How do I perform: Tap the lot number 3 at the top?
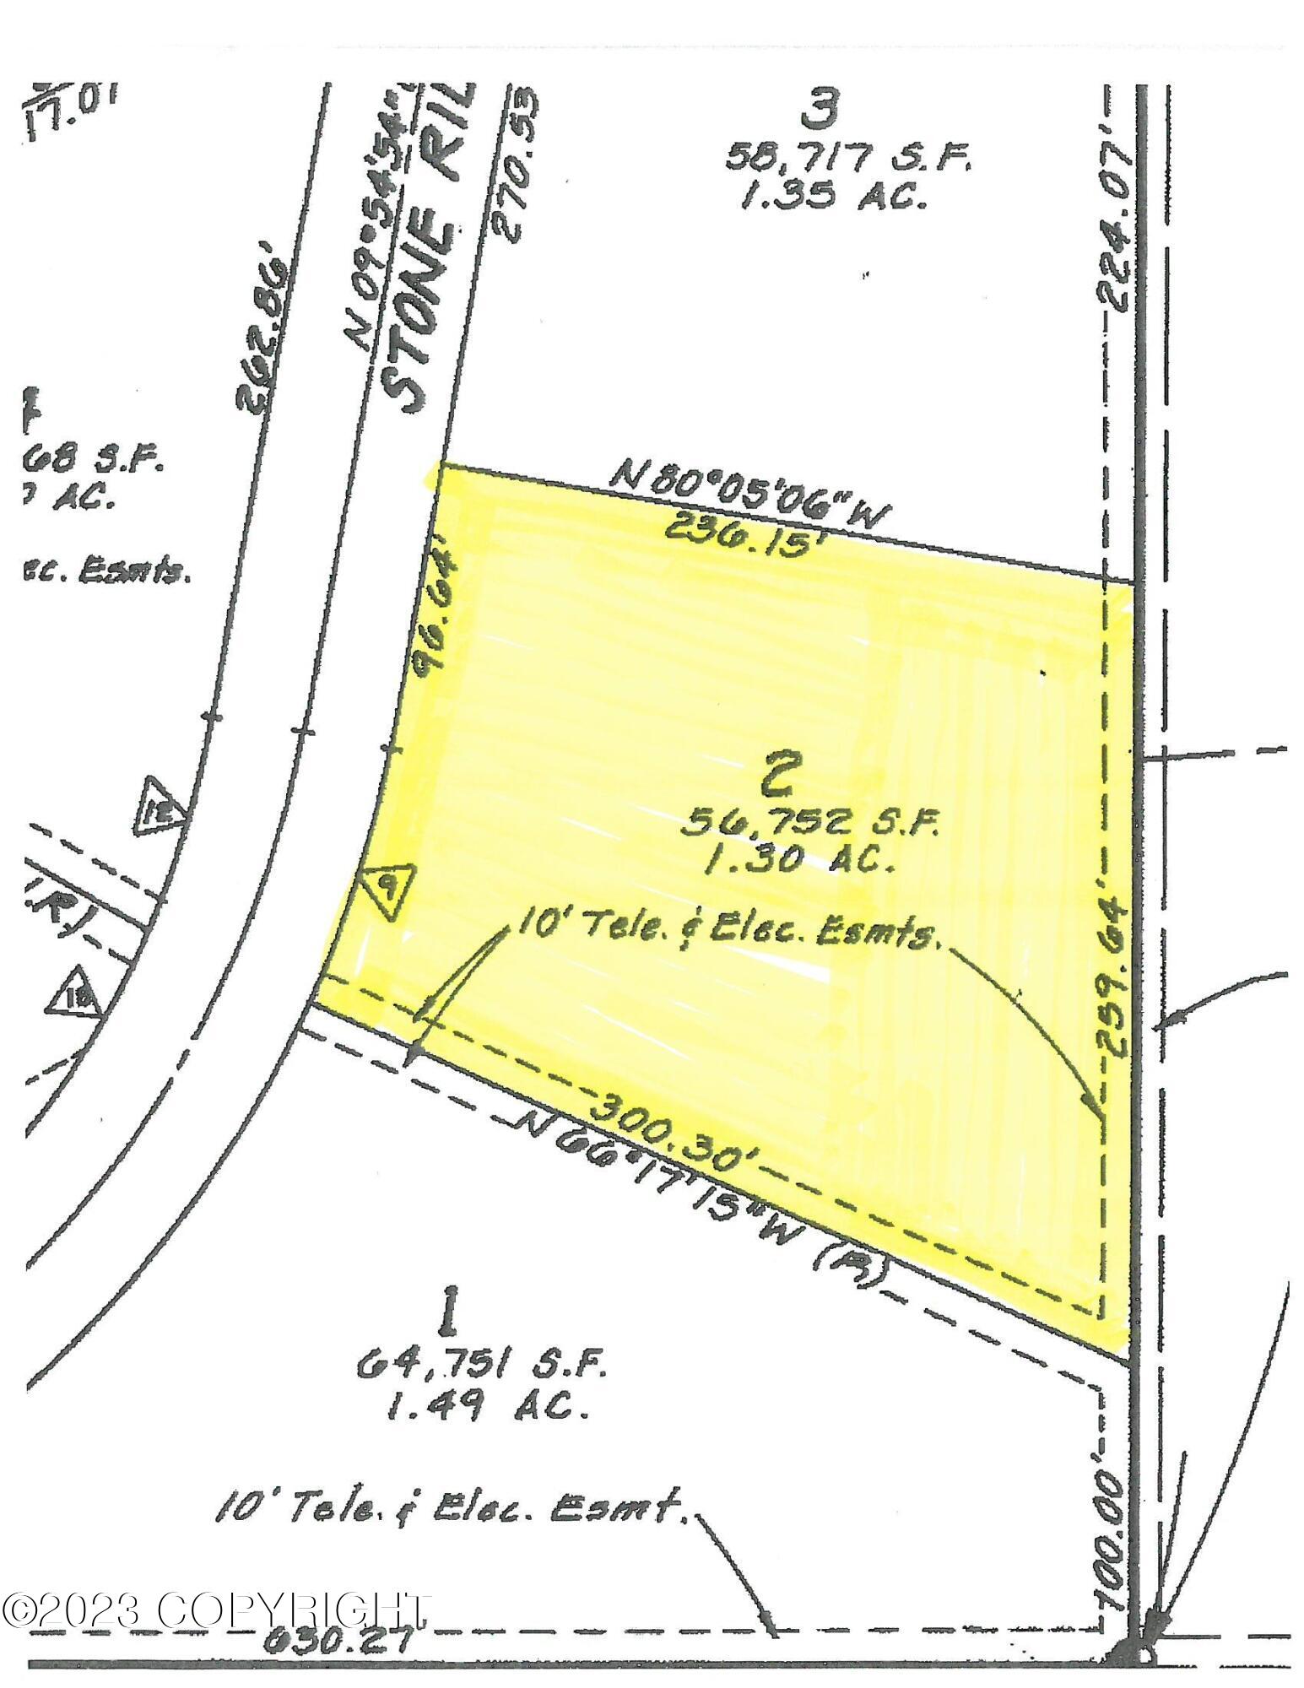click(820, 107)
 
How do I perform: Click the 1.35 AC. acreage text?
click(832, 196)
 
